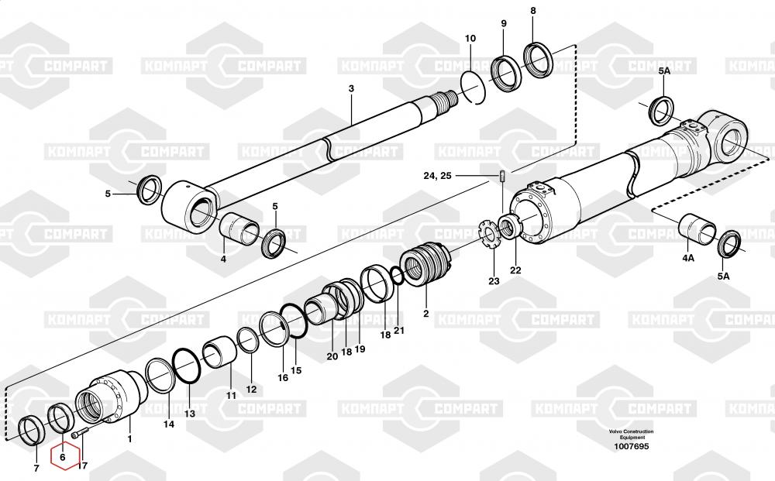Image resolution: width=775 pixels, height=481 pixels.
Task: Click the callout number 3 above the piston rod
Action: (x=350, y=89)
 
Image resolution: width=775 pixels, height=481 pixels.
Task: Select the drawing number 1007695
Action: (x=631, y=446)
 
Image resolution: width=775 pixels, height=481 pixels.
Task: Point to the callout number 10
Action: (x=470, y=39)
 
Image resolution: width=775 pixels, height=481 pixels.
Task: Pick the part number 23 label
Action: (x=494, y=280)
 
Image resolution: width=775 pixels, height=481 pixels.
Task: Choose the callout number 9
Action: (x=503, y=24)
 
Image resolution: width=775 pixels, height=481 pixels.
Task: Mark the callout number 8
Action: (x=532, y=11)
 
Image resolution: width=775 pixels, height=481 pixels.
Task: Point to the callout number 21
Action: (x=399, y=331)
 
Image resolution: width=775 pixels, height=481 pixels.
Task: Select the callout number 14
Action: (x=168, y=424)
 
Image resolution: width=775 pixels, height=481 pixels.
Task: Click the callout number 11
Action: (x=231, y=395)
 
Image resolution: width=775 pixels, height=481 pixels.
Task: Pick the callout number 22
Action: (x=515, y=270)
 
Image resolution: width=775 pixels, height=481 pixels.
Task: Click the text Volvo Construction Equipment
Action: (x=631, y=435)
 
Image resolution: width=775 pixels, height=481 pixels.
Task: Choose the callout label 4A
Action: (x=688, y=257)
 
